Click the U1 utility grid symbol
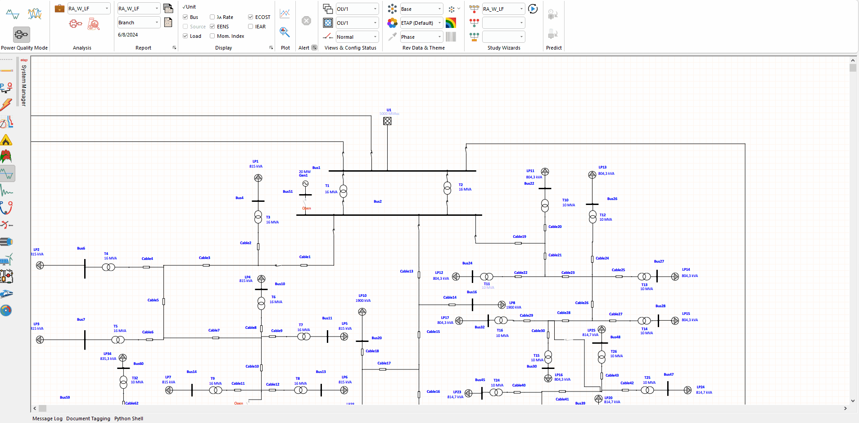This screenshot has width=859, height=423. pos(387,121)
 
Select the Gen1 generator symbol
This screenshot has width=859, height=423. pos(305,184)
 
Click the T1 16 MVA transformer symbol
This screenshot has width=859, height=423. pos(343,191)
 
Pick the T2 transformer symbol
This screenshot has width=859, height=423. pos(447,188)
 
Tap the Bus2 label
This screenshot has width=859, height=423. pos(377,201)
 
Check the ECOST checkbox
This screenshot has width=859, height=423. pos(250,17)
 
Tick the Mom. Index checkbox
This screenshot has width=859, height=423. pos(212,36)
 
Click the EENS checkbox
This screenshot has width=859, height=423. pos(212,27)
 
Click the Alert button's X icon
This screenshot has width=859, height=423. pos(306,21)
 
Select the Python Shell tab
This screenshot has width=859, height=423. pos(128,418)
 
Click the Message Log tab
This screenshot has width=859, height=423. pos(47,418)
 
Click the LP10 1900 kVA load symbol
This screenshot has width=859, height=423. pos(362,312)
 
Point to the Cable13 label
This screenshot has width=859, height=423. pos(406,271)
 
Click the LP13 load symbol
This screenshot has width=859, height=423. pos(592,175)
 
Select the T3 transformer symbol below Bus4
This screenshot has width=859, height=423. pos(258,217)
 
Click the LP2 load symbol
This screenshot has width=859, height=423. pos(40,265)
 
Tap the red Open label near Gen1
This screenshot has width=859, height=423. pos(307,208)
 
